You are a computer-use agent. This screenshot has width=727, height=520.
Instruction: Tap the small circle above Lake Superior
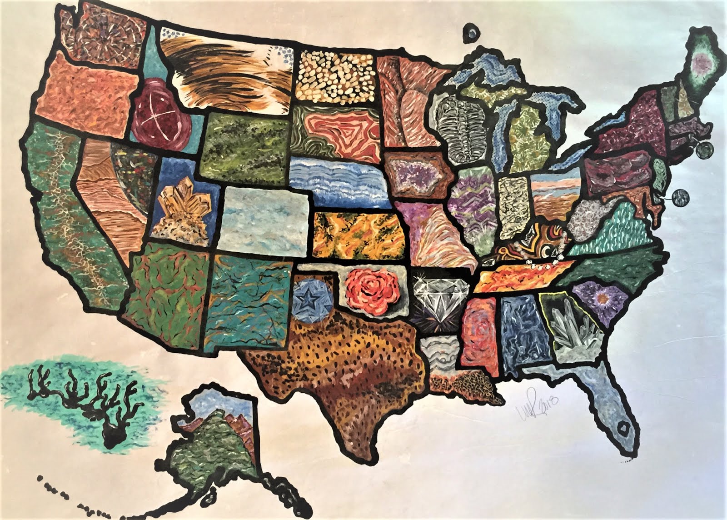click(473, 33)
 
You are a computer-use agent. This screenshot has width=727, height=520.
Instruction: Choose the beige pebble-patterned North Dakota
click(337, 75)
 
